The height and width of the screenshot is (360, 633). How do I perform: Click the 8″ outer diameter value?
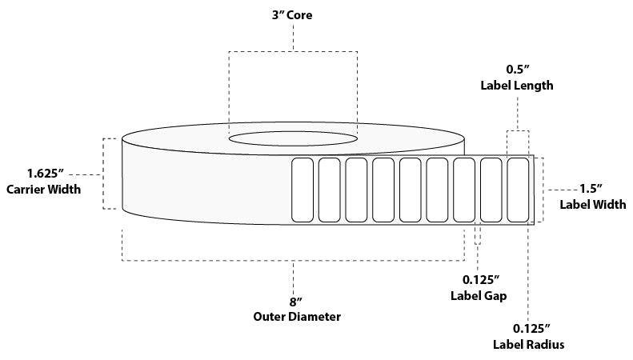(x=294, y=302)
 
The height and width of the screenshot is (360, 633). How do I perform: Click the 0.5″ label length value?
(x=516, y=69)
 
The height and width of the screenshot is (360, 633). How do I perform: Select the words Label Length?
(x=516, y=85)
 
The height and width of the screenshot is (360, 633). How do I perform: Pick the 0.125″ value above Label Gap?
(x=480, y=280)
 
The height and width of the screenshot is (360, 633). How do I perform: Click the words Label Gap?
(x=480, y=295)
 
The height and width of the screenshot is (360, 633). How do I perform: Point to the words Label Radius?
(x=529, y=345)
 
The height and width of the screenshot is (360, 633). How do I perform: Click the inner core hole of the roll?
(x=294, y=138)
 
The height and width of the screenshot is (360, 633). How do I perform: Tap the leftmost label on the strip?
(x=302, y=190)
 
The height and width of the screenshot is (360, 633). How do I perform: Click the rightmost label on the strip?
(x=518, y=190)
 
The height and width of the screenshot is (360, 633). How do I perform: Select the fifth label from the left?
(x=410, y=190)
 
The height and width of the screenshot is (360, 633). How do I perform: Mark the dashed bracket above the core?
(x=294, y=53)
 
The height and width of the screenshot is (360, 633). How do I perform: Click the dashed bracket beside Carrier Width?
(x=104, y=174)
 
